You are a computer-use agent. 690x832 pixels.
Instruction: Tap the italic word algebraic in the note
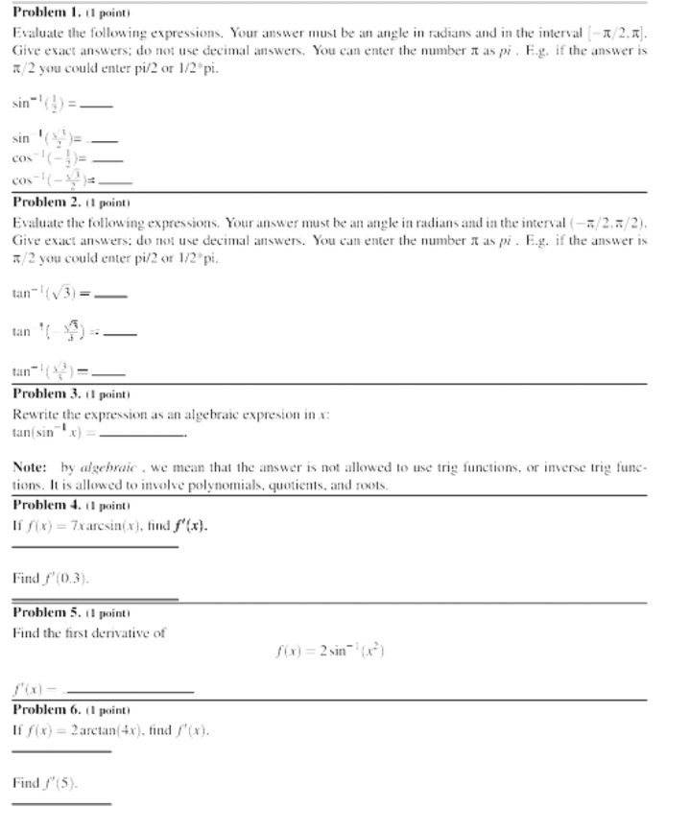coord(108,466)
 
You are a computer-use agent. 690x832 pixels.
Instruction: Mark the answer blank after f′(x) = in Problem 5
coord(129,691)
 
